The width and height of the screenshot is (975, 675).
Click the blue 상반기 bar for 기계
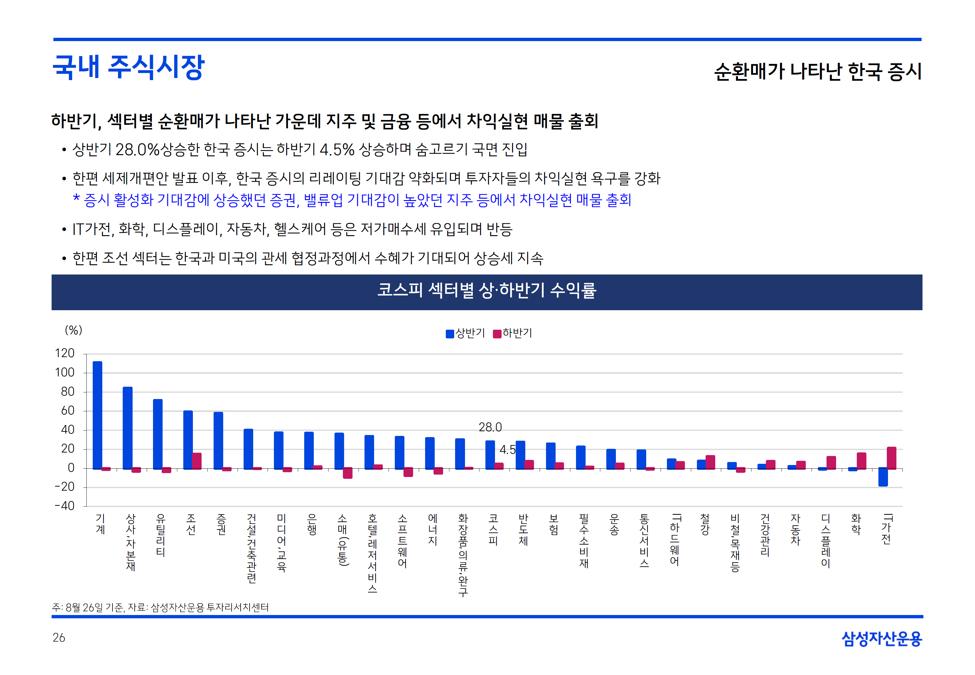click(x=97, y=415)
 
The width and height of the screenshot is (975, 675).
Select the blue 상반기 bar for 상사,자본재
click(x=127, y=427)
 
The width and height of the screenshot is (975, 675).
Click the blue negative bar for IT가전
click(x=883, y=477)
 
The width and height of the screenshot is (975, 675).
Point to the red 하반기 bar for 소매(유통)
click(x=347, y=473)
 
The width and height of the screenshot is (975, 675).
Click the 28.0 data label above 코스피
click(x=490, y=427)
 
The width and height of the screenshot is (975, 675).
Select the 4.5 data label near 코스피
click(x=507, y=450)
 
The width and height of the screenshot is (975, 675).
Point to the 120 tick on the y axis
click(x=65, y=353)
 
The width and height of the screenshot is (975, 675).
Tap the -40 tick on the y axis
click(x=65, y=506)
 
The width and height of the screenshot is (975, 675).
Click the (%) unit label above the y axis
click(x=73, y=330)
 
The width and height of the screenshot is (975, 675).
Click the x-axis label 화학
click(x=856, y=524)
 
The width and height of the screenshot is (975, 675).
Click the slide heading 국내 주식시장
click(x=128, y=67)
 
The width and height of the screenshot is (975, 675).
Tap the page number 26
click(x=59, y=637)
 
